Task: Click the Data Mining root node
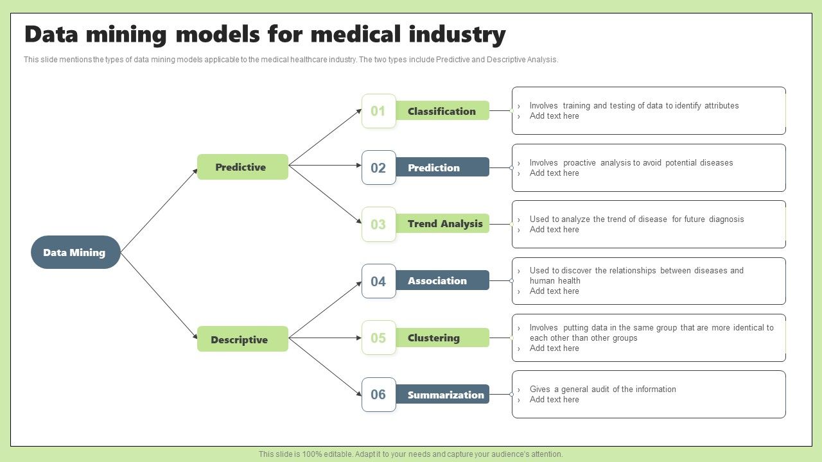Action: point(75,252)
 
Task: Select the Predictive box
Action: point(242,167)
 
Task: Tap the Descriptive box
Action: point(242,339)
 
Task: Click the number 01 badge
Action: point(378,111)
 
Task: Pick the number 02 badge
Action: point(378,167)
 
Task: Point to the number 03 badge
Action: point(378,224)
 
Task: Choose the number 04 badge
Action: point(378,281)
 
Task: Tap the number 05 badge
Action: point(378,338)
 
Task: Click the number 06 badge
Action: point(378,394)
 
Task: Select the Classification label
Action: point(442,111)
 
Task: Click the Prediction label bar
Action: point(442,167)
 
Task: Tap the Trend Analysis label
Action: point(444,224)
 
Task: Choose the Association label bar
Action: point(442,280)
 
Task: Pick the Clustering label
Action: point(442,338)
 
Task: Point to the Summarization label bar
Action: point(444,395)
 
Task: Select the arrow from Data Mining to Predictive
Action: point(159,210)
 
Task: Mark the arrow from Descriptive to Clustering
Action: point(324,338)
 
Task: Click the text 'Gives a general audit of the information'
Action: point(602,389)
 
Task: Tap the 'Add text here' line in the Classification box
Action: point(554,116)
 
